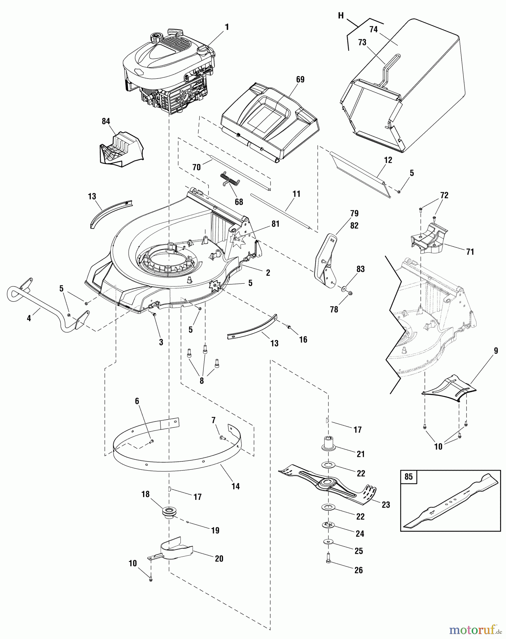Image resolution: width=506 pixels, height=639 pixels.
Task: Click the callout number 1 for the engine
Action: point(227,27)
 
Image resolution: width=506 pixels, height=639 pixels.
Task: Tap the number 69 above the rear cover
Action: point(300,80)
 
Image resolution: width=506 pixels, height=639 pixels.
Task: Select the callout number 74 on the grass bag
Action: point(373,30)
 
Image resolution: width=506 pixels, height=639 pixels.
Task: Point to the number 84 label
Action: point(106,121)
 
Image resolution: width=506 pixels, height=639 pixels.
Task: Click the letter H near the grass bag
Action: point(341,15)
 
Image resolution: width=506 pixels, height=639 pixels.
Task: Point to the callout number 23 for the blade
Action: point(386,504)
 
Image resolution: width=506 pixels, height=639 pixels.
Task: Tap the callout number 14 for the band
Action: point(235,486)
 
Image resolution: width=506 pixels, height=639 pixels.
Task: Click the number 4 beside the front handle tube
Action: point(29,319)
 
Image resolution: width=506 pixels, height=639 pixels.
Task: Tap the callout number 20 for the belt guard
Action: point(219,558)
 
